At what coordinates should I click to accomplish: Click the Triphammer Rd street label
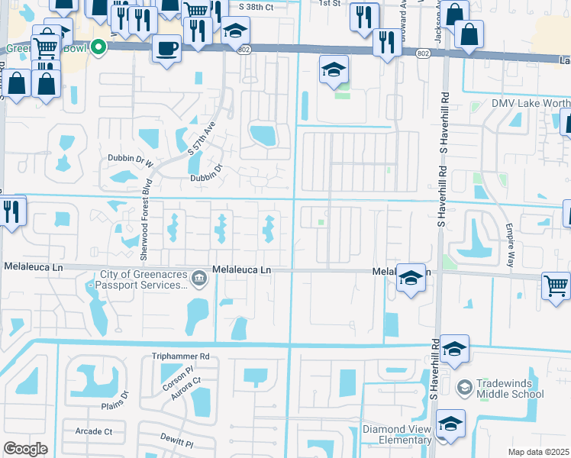point(180,356)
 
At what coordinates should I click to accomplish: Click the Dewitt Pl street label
point(177,442)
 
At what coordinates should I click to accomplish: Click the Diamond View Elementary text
point(396,434)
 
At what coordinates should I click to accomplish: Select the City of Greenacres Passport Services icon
point(198,277)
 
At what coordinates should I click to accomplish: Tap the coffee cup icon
point(166,48)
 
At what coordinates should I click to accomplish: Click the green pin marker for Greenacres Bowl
point(98,48)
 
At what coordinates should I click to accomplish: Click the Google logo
point(26,448)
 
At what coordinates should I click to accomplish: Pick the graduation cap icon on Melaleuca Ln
point(411,278)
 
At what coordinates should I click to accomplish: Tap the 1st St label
point(330,3)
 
